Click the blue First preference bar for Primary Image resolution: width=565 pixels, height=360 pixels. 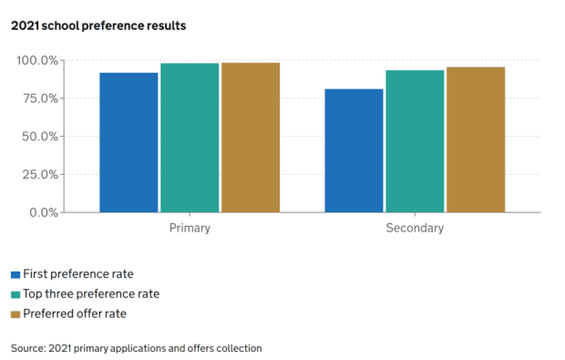[128, 142]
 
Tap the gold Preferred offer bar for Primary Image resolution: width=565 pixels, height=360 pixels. [250, 138]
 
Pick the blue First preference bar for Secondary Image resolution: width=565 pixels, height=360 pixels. [354, 150]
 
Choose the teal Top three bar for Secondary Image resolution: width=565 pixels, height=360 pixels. [415, 141]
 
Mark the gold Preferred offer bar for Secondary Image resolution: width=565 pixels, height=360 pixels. [475, 139]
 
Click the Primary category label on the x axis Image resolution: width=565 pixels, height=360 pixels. [190, 228]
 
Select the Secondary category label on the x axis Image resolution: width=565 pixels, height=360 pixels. [415, 228]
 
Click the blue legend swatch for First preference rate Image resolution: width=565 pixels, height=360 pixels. [15, 274]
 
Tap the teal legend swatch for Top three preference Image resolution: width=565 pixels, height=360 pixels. [15, 294]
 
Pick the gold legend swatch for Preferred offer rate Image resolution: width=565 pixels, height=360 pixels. [15, 314]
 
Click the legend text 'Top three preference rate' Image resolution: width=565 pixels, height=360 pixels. [91, 293]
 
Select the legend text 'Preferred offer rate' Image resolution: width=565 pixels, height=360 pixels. [75, 314]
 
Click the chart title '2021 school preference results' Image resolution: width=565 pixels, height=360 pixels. [98, 26]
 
